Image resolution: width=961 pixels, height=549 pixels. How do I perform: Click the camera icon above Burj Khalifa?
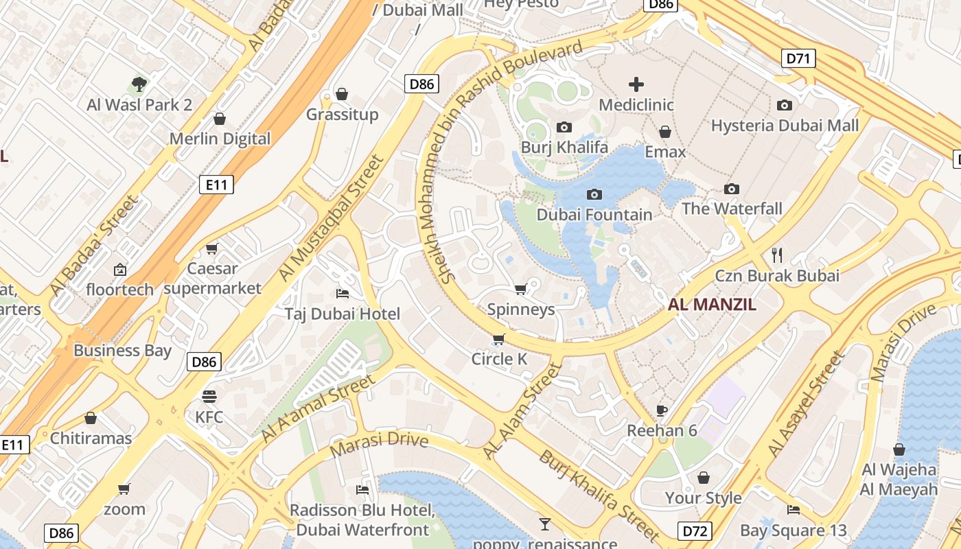pyautogui.click(x=564, y=127)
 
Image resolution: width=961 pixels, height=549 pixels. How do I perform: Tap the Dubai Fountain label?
pyautogui.click(x=594, y=215)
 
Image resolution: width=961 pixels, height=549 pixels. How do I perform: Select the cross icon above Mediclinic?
pyautogui.click(x=636, y=84)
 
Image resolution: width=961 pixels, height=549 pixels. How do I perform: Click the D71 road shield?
pyautogui.click(x=798, y=58)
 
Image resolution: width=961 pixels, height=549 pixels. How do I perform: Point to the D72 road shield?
pyautogui.click(x=695, y=530)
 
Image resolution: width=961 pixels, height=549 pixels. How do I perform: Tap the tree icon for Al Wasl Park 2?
pyautogui.click(x=139, y=84)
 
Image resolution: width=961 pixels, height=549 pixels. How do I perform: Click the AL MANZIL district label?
pyautogui.click(x=712, y=305)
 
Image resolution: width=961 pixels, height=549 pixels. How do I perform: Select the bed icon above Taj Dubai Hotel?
pyautogui.click(x=343, y=294)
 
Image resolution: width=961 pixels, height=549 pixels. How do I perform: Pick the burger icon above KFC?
pyautogui.click(x=209, y=397)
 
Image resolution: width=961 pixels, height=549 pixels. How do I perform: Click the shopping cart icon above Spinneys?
pyautogui.click(x=520, y=289)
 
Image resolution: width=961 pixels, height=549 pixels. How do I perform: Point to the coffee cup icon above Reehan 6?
pyautogui.click(x=662, y=410)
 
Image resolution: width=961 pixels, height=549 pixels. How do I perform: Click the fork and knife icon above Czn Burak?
pyautogui.click(x=777, y=255)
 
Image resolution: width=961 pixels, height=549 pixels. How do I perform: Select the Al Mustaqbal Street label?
pyautogui.click(x=331, y=218)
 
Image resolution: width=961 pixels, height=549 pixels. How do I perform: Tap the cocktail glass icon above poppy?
pyautogui.click(x=545, y=524)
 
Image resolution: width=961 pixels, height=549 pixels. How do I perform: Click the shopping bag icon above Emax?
pyautogui.click(x=664, y=131)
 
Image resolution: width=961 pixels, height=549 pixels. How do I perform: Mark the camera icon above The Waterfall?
pyautogui.click(x=732, y=189)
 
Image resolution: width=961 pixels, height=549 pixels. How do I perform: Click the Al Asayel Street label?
pyautogui.click(x=805, y=405)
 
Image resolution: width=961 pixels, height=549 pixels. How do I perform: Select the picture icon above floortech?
pyautogui.click(x=120, y=269)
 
